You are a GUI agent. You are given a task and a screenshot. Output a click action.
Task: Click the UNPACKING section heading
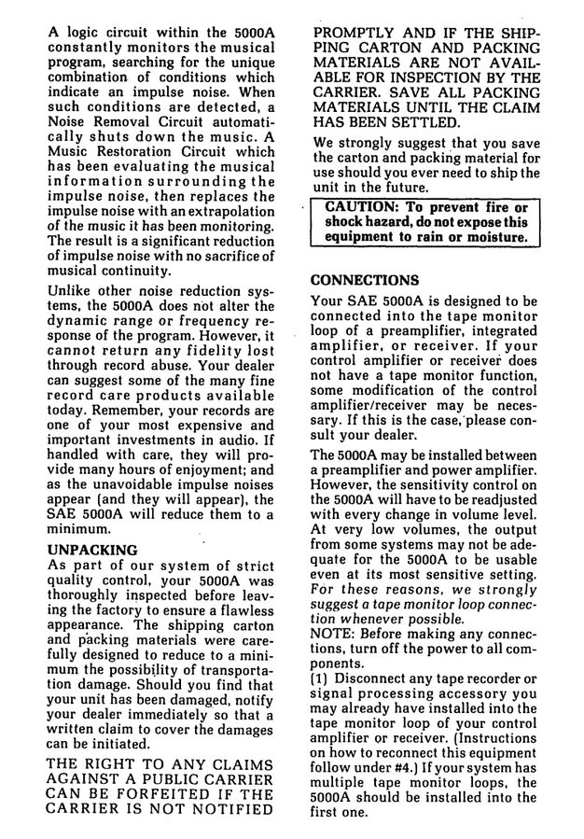coord(92,550)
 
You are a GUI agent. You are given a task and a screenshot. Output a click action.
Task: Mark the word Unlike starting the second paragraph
coord(71,290)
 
